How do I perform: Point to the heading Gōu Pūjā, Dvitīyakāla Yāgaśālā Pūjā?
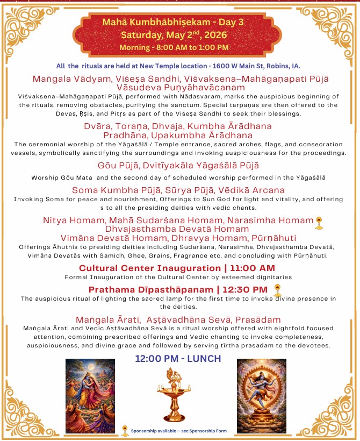pyautogui.click(x=179, y=166)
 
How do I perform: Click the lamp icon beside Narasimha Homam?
pyautogui.click(x=319, y=222)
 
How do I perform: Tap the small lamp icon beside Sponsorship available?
pyautogui.click(x=125, y=430)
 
